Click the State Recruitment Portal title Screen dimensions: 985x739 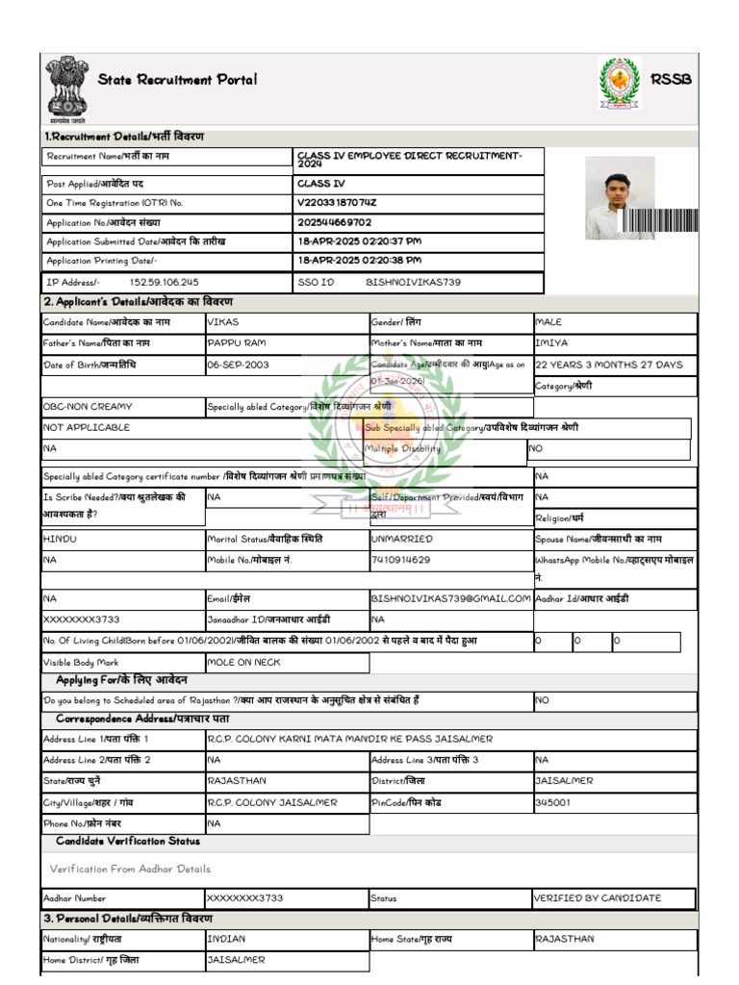[x=177, y=80]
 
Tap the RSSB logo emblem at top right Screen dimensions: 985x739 [x=619, y=84]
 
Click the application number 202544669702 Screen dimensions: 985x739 [x=335, y=222]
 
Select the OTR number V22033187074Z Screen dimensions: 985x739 [x=337, y=203]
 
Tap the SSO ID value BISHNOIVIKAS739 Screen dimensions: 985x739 [x=413, y=283]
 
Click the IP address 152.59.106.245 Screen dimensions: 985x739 [x=164, y=283]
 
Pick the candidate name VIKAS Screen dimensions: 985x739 [x=223, y=321]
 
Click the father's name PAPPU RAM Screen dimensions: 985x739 [x=236, y=342]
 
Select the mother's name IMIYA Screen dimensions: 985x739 [x=551, y=342]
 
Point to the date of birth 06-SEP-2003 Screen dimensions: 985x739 [x=239, y=366]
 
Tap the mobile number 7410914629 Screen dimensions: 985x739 [x=401, y=559]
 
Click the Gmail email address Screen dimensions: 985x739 [x=450, y=598]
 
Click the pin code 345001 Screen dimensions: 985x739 [x=552, y=801]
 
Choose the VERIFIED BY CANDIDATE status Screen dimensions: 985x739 [x=598, y=897]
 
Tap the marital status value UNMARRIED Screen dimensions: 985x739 [x=402, y=539]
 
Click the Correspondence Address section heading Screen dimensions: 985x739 [x=142, y=719]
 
